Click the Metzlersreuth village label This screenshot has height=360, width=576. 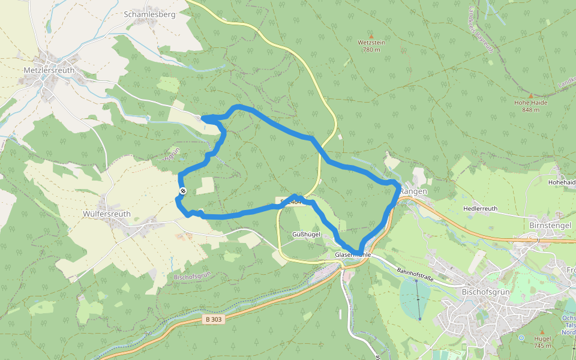click(x=49, y=70)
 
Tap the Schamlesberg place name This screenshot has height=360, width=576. click(x=149, y=14)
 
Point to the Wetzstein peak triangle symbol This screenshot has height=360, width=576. click(x=371, y=36)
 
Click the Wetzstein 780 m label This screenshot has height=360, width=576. click(x=371, y=46)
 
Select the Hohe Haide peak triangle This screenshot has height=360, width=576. click(x=530, y=95)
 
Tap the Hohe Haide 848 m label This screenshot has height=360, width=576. click(x=530, y=106)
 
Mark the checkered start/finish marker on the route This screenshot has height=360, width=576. click(x=183, y=191)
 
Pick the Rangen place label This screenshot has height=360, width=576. click(x=413, y=191)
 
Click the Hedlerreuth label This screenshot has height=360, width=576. click(x=480, y=209)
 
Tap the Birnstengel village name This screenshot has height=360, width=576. click(x=550, y=224)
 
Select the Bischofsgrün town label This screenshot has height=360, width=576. click(x=485, y=292)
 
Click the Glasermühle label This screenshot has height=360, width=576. click(x=353, y=255)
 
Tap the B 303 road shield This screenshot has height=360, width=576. click(x=214, y=320)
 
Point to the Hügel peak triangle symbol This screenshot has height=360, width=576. click(x=542, y=332)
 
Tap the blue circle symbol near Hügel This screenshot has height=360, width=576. click(x=521, y=338)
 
